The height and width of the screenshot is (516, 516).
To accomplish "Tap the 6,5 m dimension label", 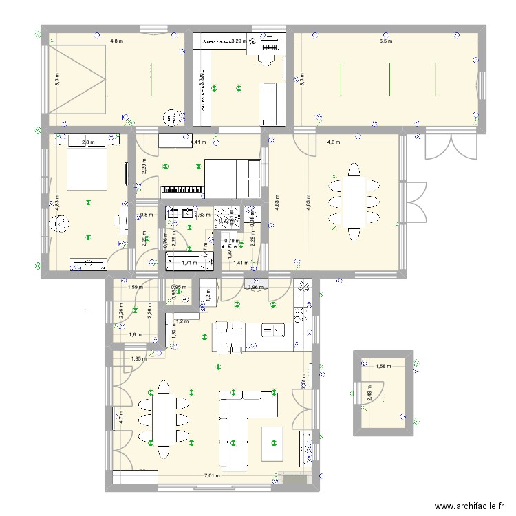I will pyautogui.click(x=385, y=41).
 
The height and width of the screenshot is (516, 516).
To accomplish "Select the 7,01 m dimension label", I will pyautogui.click(x=212, y=475).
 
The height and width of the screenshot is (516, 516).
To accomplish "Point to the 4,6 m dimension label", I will pyautogui.click(x=333, y=142).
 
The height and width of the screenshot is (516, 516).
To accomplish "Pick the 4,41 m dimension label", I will pyautogui.click(x=198, y=142).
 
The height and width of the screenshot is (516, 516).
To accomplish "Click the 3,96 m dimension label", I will pyautogui.click(x=255, y=287).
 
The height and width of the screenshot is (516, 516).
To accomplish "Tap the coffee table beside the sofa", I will pyautogui.click(x=272, y=444).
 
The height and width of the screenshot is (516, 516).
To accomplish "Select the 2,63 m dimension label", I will pyautogui.click(x=202, y=215).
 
